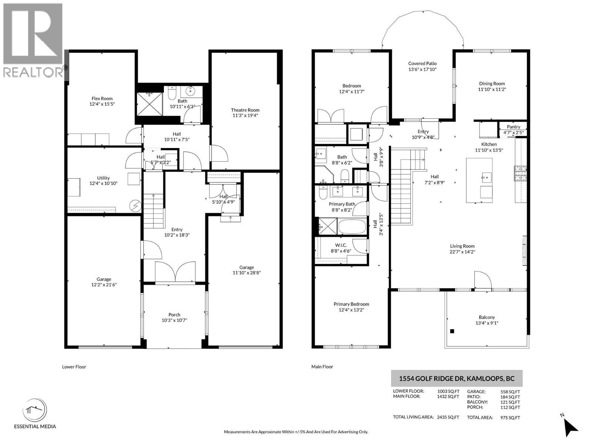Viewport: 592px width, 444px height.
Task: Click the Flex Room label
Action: pyautogui.click(x=102, y=98)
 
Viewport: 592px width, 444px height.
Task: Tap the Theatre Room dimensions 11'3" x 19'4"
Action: pyautogui.click(x=245, y=115)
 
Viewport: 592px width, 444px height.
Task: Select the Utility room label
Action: pyautogui.click(x=103, y=178)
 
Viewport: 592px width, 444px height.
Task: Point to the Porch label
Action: pyautogui.click(x=174, y=314)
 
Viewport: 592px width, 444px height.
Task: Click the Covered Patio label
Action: pyautogui.click(x=422, y=64)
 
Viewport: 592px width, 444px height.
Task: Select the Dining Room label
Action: pyautogui.click(x=492, y=84)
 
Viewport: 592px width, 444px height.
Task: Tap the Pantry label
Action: pyautogui.click(x=513, y=127)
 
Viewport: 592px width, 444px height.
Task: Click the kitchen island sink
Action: pyautogui.click(x=486, y=178)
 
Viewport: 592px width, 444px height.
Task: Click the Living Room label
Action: pyautogui.click(x=462, y=246)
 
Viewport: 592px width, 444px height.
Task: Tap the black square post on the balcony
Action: pyautogui.click(x=452, y=331)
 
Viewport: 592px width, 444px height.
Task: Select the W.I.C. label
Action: pyautogui.click(x=341, y=245)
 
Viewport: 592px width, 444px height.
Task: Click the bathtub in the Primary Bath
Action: pyautogui.click(x=352, y=226)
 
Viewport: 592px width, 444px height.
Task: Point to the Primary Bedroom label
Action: pyautogui.click(x=351, y=304)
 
